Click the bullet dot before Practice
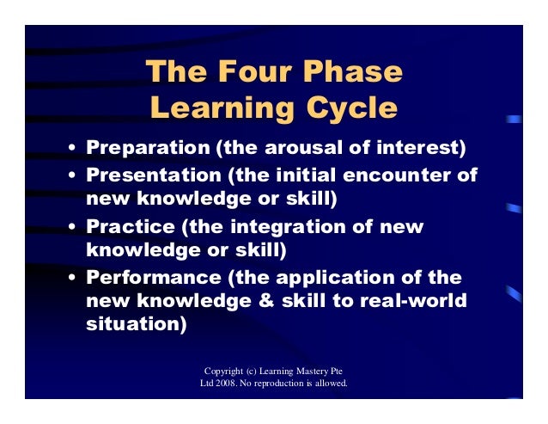[x=74, y=228]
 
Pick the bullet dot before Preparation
[x=74, y=149]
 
